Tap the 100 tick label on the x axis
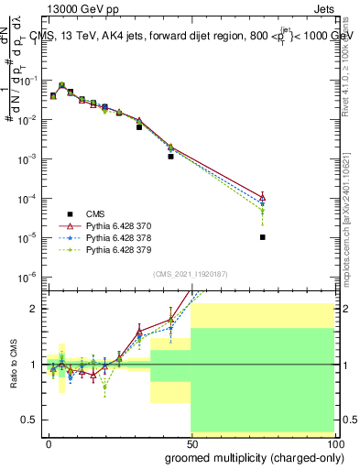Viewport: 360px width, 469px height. [334, 442]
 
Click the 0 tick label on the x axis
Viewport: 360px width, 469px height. [49, 442]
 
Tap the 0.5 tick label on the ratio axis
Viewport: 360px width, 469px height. [28, 420]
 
